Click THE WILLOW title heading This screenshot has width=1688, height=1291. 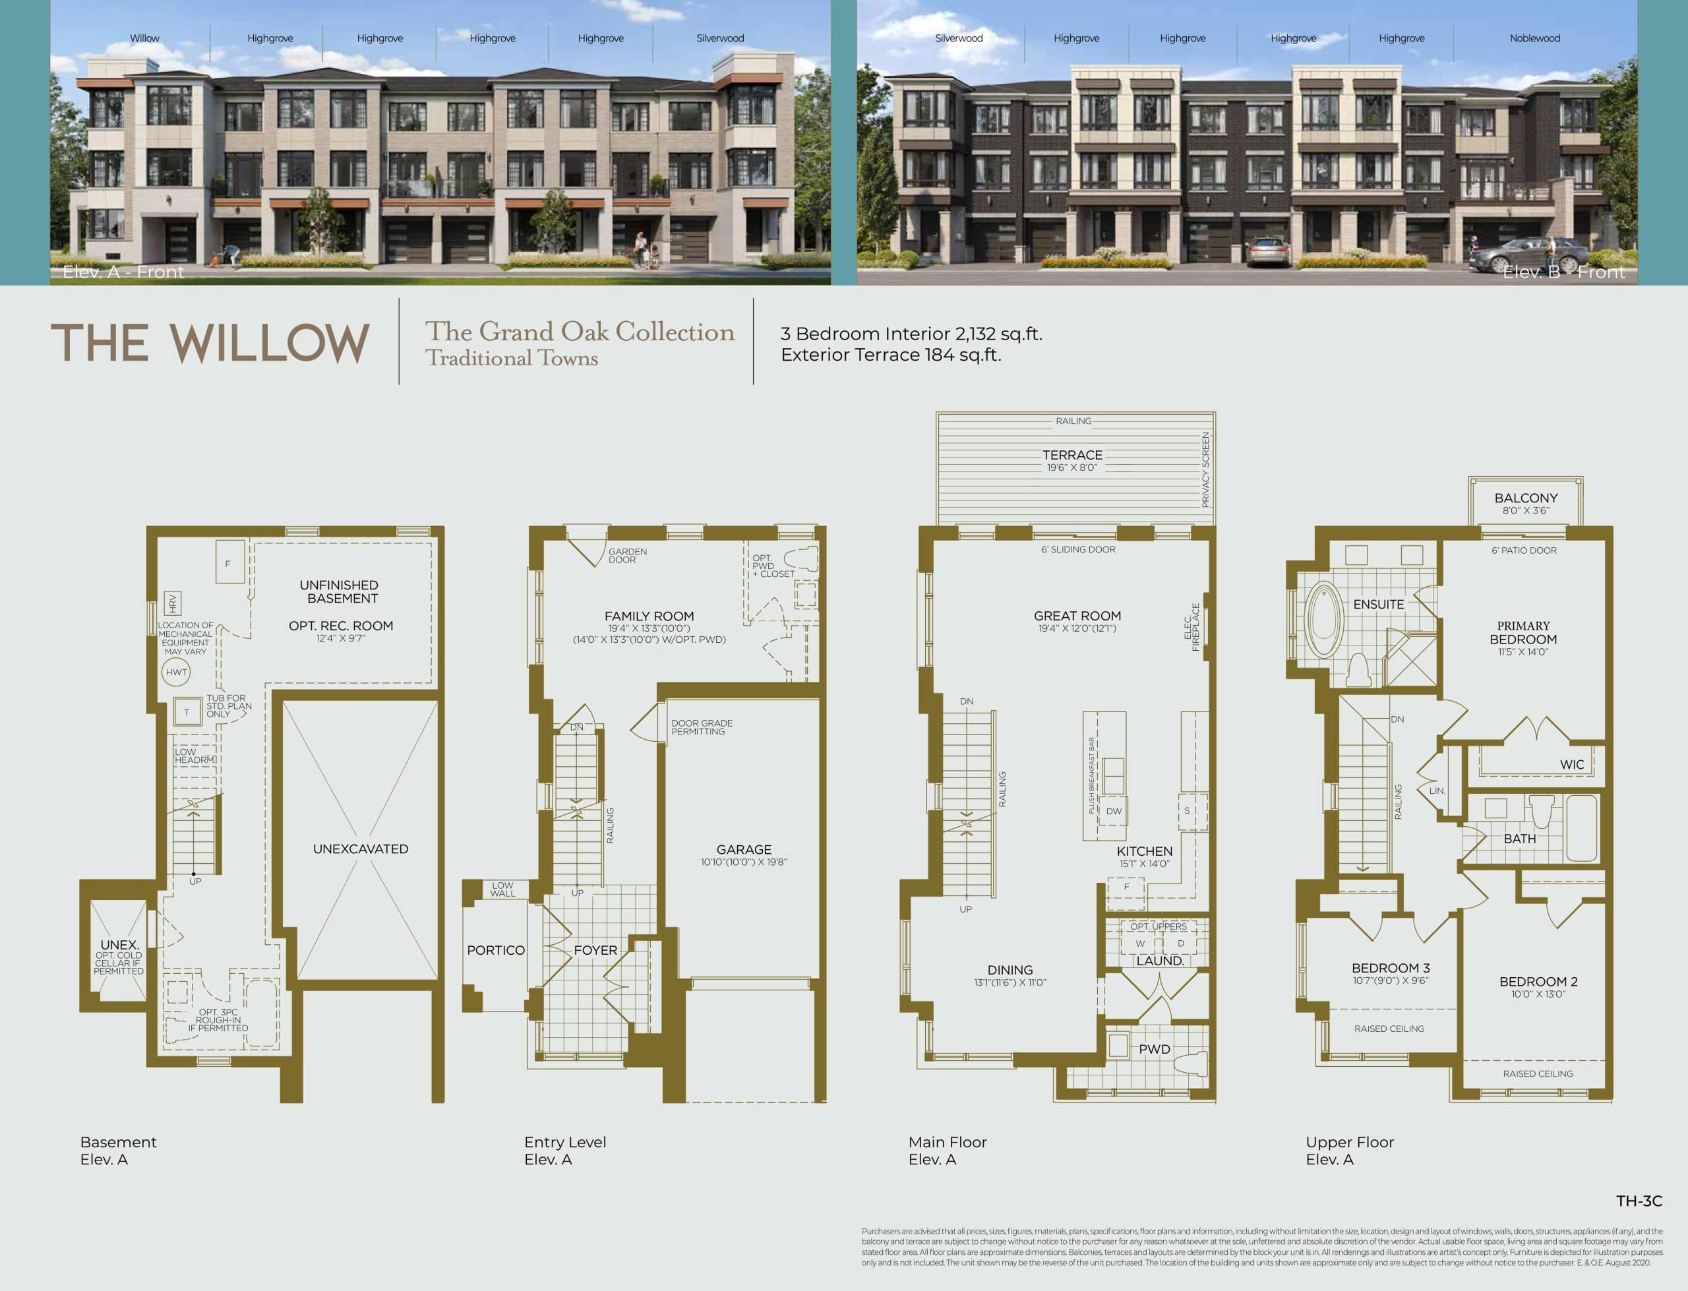pos(210,343)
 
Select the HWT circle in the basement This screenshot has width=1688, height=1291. pos(176,673)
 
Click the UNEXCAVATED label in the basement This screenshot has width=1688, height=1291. pos(360,849)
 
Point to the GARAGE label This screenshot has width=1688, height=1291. pos(744,850)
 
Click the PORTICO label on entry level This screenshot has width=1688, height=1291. pos(496,951)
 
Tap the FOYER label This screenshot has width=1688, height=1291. pos(595,951)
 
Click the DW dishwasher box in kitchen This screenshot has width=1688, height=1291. pos(1113,812)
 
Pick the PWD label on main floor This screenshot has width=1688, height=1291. pos(1154,1050)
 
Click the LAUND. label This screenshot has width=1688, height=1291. pos(1160,961)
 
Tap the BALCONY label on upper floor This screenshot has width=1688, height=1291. pos(1526,498)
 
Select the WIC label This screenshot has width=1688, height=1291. pos(1571,765)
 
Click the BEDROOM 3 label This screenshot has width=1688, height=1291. pos(1391,968)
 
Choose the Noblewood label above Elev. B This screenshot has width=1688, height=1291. pos(1534,38)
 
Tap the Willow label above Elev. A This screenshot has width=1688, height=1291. pos(144,38)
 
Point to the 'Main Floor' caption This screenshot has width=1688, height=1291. pos(948,1143)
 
